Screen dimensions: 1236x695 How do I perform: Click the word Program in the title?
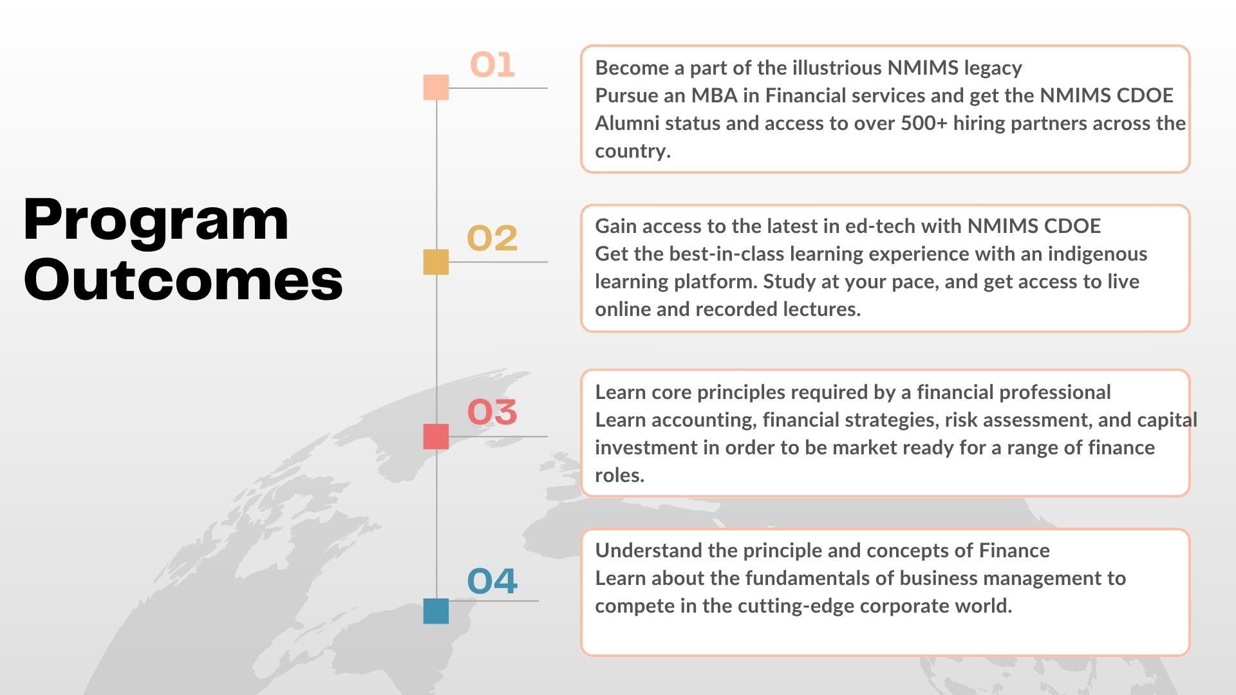tap(156, 221)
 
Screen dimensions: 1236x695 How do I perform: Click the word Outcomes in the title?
tap(183, 279)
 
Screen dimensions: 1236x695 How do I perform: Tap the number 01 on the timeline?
tap(492, 65)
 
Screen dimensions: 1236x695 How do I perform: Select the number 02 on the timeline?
tap(492, 238)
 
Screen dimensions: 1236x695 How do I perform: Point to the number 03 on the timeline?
tap(492, 412)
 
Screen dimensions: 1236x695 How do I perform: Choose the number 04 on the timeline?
tap(492, 581)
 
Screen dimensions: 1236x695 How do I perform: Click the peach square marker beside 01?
tap(436, 88)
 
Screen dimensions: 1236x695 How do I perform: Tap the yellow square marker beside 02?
tap(436, 262)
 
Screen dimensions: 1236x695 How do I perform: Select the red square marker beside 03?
tap(436, 436)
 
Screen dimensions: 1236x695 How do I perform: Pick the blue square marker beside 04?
tap(436, 611)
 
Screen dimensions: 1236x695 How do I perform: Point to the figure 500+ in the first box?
tap(924, 123)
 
